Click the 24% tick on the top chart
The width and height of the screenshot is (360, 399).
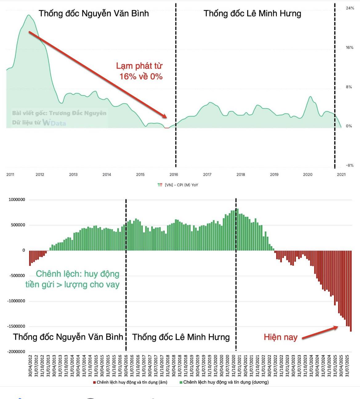(350, 8)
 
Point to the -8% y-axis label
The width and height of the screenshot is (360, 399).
(350, 165)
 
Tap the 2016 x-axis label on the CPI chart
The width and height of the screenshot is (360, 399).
(174, 175)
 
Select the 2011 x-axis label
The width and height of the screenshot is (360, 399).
(10, 175)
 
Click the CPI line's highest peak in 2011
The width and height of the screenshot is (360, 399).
(29, 15)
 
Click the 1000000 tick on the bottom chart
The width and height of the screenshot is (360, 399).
(17, 200)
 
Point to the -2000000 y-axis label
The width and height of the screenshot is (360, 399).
(16, 352)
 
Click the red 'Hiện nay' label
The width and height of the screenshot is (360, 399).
(281, 337)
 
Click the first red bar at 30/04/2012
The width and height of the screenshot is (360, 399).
(30, 258)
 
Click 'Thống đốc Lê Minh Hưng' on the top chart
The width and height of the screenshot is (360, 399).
(252, 14)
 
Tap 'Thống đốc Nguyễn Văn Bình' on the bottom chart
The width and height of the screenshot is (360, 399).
(68, 337)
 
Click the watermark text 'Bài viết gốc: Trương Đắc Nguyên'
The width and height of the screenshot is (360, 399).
(59, 113)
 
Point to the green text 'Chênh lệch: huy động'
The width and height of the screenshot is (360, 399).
(78, 274)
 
